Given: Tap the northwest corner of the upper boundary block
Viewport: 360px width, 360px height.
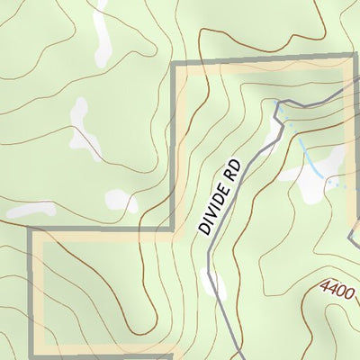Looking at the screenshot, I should click(x=173, y=65).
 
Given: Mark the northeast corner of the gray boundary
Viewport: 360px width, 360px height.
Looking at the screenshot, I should click(x=352, y=63).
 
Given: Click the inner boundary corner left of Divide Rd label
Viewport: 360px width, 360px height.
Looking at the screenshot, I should click(x=173, y=230).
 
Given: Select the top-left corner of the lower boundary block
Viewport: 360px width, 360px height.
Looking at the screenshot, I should click(x=32, y=231).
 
